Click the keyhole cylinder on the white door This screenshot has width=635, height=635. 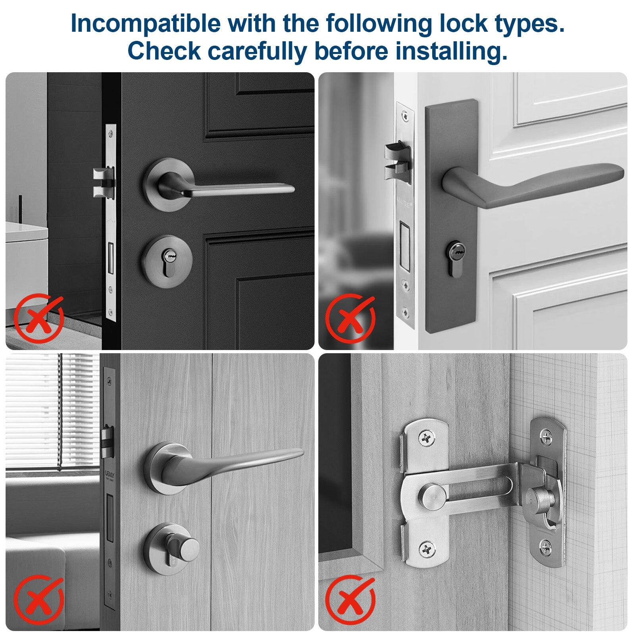point(453,258)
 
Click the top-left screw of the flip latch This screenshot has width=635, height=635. point(426,439)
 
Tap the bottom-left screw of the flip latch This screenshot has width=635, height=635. point(426,549)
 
